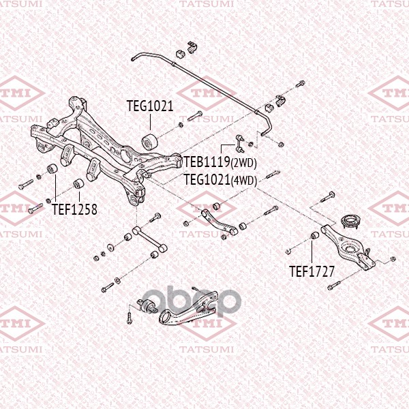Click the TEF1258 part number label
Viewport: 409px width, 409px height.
[x=74, y=209]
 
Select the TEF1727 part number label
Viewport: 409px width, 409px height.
[x=312, y=271]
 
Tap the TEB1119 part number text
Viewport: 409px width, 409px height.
[x=207, y=162]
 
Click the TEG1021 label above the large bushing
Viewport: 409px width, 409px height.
[x=150, y=106]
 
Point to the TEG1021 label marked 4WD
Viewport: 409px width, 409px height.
[x=207, y=179]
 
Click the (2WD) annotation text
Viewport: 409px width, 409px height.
[x=243, y=163]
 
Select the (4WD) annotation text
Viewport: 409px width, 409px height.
[x=244, y=180]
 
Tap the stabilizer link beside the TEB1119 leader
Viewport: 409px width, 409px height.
[x=240, y=143]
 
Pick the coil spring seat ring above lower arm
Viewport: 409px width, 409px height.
[x=351, y=222]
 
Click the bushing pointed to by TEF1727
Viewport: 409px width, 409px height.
[x=315, y=235]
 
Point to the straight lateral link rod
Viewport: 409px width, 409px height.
[x=149, y=239]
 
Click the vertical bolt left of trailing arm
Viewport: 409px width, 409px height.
[x=129, y=318]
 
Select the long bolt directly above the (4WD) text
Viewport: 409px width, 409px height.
[x=273, y=174]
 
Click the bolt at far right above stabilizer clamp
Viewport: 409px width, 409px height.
[x=300, y=85]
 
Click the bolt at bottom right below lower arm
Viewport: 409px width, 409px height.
[x=334, y=286]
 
